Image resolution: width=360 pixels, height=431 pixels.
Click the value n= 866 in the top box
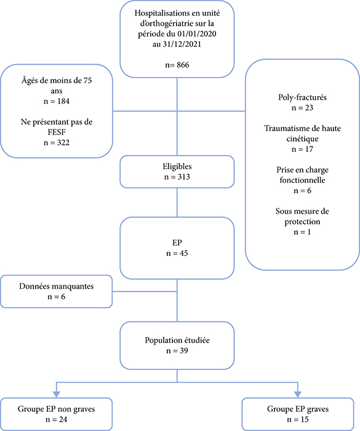177,65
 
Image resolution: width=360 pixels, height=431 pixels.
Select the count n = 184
57,101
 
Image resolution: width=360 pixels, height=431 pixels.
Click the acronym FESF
57,132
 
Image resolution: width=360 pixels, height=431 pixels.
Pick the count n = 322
57,143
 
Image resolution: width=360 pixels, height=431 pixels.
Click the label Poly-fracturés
302,97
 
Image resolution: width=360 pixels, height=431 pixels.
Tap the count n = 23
302,108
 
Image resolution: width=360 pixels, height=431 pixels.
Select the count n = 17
302,149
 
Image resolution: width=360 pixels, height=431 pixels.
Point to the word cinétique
302,139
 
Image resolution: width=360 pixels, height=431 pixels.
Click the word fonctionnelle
302,180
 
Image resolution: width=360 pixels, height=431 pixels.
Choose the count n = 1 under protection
302,232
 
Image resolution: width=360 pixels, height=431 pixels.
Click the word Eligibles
177,167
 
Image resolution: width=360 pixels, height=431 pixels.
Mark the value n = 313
177,177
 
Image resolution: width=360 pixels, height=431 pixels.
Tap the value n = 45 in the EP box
177,253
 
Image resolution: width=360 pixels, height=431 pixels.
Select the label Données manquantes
57,286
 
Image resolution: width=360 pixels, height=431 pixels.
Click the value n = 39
177,351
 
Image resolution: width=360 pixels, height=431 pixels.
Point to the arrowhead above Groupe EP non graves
57,394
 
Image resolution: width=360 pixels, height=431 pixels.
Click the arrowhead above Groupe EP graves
298,394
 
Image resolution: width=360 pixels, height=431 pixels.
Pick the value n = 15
298,419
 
